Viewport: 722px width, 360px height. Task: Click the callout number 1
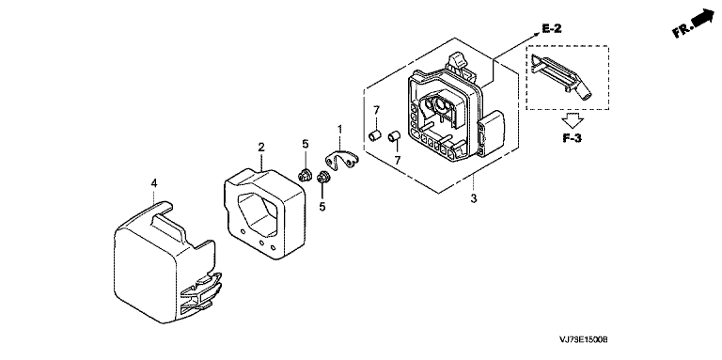pyautogui.click(x=339, y=129)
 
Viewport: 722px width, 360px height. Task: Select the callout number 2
pyautogui.click(x=261, y=148)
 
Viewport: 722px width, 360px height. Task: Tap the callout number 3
pyautogui.click(x=474, y=199)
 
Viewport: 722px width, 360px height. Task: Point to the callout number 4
pyautogui.click(x=154, y=183)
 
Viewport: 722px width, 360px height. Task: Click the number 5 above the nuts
pyautogui.click(x=306, y=144)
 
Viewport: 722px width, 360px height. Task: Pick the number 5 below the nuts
pyautogui.click(x=322, y=207)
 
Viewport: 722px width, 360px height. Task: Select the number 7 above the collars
pyautogui.click(x=376, y=110)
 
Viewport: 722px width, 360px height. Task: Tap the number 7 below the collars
pyautogui.click(x=398, y=160)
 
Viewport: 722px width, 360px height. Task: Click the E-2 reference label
pyautogui.click(x=552, y=29)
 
